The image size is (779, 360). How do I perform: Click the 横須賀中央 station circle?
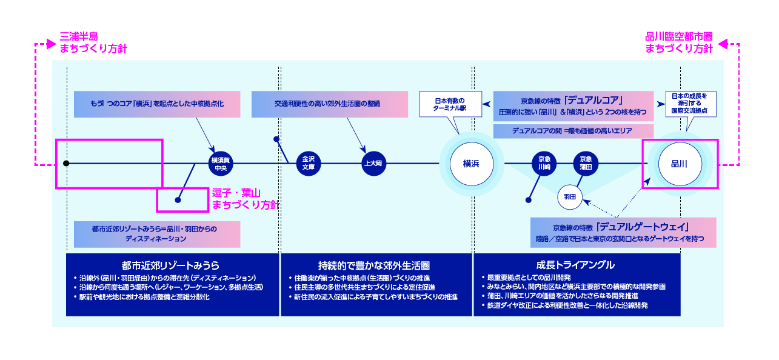(219, 164)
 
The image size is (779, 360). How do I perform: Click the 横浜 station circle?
(471, 164)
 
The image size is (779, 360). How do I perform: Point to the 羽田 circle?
(569, 196)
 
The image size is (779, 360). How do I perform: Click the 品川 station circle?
(680, 164)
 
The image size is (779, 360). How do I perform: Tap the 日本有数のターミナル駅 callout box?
(450, 104)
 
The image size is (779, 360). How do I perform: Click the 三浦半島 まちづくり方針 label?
(93, 42)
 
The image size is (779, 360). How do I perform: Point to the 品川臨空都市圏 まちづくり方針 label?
(678, 42)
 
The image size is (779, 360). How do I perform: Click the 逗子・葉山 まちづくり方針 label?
(245, 199)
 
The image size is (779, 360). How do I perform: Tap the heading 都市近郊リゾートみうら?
(170, 265)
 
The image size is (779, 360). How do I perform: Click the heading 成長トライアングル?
(575, 265)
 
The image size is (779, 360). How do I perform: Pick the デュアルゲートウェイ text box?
(623, 233)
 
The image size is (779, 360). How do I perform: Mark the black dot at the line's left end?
(66, 164)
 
